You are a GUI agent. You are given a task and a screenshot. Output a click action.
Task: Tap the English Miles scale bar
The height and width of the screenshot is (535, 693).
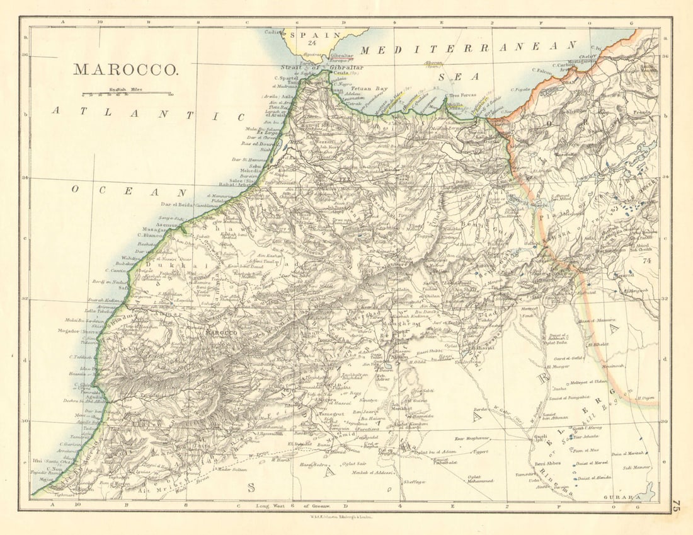click(x=126, y=93)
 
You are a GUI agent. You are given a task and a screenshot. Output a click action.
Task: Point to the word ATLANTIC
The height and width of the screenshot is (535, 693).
click(x=147, y=113)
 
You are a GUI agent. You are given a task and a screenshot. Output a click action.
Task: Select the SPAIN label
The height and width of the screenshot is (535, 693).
click(x=311, y=35)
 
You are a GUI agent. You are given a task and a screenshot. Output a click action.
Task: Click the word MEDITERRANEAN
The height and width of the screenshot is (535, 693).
click(x=469, y=47)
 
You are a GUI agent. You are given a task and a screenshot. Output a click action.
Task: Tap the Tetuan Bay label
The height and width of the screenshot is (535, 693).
click(x=369, y=89)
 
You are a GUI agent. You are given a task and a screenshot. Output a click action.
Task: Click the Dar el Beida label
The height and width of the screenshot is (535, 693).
click(x=176, y=205)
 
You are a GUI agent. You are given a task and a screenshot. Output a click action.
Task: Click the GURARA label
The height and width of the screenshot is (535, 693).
click(x=618, y=498)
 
